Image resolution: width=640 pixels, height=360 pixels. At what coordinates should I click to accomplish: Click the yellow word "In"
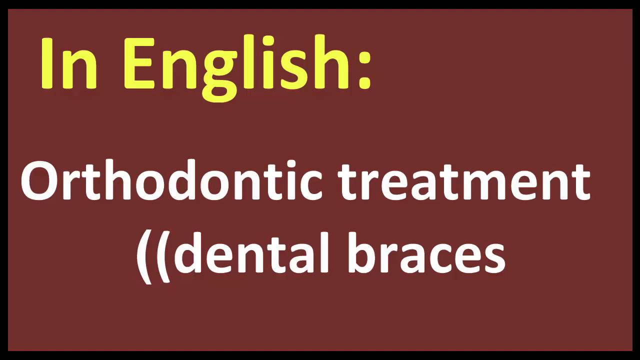pos(69,64)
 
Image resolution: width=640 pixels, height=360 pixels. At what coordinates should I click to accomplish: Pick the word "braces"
pos(425,253)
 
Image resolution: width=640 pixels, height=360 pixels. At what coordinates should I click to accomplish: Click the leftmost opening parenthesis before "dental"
pos(144,255)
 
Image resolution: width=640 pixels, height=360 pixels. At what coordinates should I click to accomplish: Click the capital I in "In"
pos(48,64)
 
